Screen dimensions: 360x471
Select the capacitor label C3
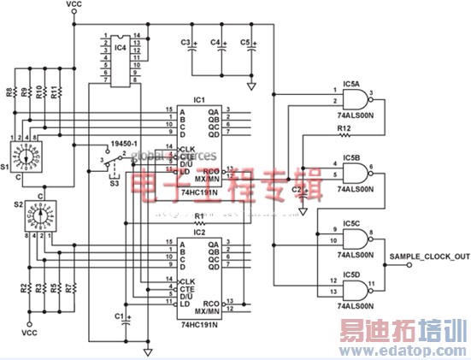[185, 42]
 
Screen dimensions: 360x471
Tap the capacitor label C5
[244, 42]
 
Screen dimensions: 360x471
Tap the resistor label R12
[344, 129]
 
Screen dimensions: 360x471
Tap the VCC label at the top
[74, 5]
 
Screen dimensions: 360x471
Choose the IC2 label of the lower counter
[199, 231]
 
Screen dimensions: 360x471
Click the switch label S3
[113, 180]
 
